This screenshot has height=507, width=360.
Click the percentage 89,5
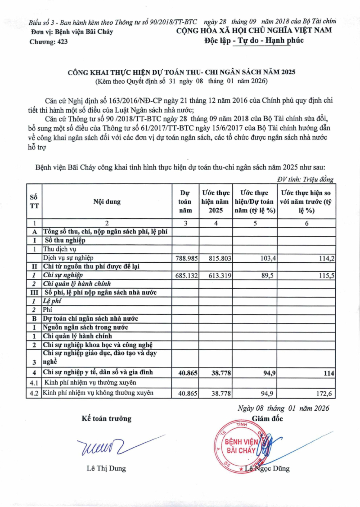pyautogui.click(x=267, y=275)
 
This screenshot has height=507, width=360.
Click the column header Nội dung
pyautogui.click(x=107, y=202)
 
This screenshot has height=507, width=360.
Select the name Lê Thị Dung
pyautogui.click(x=106, y=468)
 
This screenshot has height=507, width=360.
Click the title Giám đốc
pyautogui.click(x=267, y=418)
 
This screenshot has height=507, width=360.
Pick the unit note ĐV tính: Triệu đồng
pyautogui.click(x=305, y=179)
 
